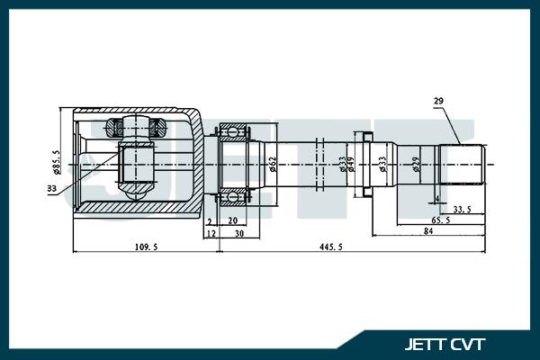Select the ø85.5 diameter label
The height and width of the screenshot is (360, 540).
pyautogui.click(x=56, y=162)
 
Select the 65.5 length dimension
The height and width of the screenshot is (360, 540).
pyautogui.click(x=441, y=220)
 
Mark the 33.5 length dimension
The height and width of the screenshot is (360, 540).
pyautogui.click(x=462, y=209)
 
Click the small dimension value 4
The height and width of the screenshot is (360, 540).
pyautogui.click(x=436, y=198)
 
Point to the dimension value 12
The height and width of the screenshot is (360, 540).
pyautogui.click(x=211, y=232)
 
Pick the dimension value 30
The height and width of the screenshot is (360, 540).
pyautogui.click(x=239, y=232)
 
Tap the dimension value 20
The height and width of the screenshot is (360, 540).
pyautogui.click(x=232, y=220)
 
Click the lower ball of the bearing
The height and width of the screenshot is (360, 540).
pyautogui.click(x=233, y=195)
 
